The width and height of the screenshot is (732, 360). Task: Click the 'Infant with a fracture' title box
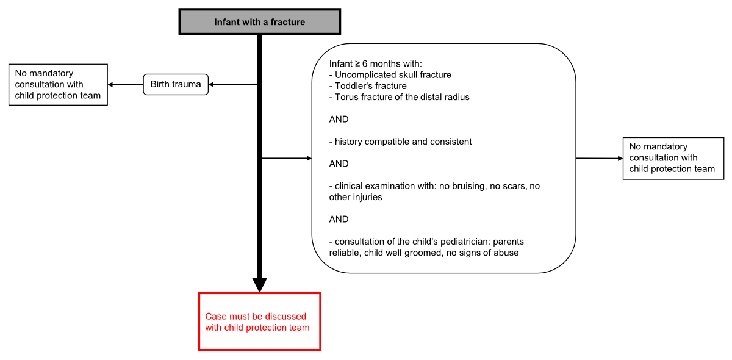coord(259,22)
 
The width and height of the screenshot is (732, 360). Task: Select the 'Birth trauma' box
coord(176,84)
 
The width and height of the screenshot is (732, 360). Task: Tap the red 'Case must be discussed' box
coord(259,322)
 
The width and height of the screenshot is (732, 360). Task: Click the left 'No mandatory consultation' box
coord(59,85)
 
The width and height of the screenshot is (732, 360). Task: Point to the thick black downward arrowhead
coord(259,284)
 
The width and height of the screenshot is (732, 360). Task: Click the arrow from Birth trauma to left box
coord(125,84)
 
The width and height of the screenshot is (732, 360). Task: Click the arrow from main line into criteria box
coord(287,159)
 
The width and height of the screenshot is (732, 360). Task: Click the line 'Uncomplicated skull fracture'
coord(393,75)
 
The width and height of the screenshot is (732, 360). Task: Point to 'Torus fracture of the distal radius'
coord(402,97)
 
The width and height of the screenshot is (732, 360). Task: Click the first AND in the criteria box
coord(339,120)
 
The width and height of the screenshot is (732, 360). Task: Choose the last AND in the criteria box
coord(339,219)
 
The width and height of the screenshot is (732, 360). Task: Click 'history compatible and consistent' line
coord(403,142)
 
